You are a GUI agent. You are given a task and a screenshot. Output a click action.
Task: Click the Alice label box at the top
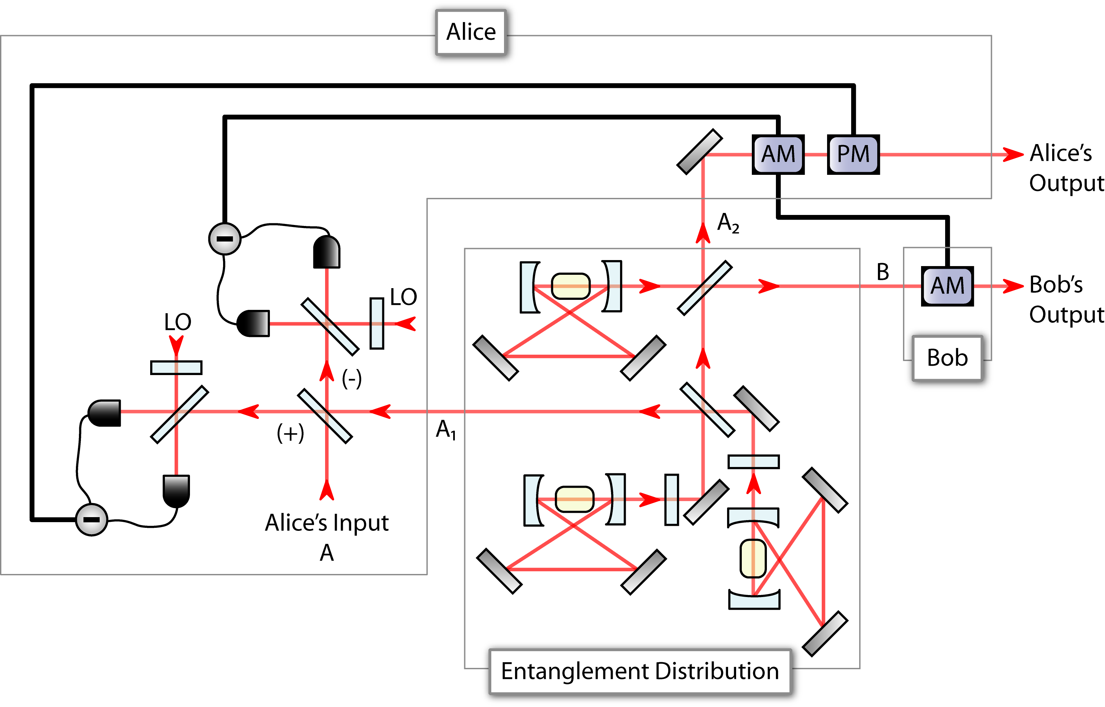point(471,32)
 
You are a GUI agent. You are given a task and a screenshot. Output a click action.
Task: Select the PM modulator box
point(853,154)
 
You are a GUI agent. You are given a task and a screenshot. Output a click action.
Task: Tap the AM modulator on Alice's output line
point(778,154)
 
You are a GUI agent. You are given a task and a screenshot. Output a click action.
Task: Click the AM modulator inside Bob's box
point(947,286)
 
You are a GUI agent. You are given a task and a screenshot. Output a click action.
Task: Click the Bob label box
point(947,358)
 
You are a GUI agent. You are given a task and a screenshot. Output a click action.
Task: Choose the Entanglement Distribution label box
point(640,671)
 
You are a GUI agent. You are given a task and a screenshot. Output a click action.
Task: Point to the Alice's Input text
point(326,523)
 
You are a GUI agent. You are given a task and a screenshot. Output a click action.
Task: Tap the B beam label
point(882,272)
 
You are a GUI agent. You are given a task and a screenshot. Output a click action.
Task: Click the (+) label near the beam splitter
point(290,433)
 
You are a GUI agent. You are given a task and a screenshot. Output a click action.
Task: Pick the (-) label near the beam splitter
point(352,379)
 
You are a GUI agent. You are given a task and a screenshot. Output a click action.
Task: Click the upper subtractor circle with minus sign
point(225,239)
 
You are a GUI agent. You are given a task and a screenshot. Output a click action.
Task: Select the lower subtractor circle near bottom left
point(91,520)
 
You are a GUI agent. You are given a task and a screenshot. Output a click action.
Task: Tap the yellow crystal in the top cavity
point(571,286)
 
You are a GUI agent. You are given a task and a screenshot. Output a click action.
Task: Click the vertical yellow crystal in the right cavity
point(753,558)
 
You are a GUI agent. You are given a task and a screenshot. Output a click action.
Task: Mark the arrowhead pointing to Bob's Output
point(1013,286)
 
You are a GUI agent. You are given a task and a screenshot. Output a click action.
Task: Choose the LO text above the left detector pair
point(178,322)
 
